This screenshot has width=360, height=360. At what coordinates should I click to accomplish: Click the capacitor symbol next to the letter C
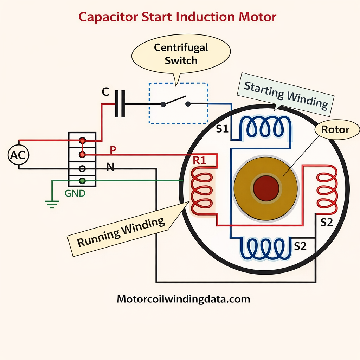120,104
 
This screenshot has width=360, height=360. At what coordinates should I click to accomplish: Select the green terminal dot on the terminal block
82,181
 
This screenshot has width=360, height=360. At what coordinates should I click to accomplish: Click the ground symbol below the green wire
52,204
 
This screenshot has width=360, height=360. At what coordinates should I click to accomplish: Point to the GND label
75,193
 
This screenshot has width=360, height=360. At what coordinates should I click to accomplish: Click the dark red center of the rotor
266,188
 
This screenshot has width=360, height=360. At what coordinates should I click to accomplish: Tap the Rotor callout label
335,129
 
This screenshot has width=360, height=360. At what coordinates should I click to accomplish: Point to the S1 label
222,129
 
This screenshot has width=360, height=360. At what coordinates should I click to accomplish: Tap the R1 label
200,161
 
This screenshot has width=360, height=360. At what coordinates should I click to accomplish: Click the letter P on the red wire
113,150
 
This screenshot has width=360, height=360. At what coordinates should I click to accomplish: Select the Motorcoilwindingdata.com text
183,299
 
